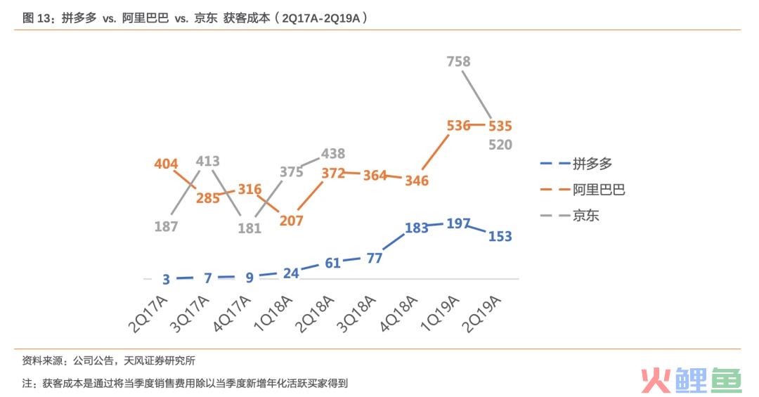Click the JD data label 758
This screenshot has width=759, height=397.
tap(458, 62)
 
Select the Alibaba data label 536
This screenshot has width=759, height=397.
tap(458, 126)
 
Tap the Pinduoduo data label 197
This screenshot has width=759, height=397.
tap(458, 223)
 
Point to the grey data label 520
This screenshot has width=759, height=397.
tap(500, 145)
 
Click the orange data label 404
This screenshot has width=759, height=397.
tap(166, 164)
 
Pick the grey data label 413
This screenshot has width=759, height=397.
tap(208, 161)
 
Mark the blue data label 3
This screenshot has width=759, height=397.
tap(166, 279)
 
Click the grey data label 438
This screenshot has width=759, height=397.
tap(333, 154)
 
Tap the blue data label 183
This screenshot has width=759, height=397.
tap(417, 228)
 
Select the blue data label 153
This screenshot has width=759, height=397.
tap(500, 237)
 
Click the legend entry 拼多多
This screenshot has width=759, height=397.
tap(592, 164)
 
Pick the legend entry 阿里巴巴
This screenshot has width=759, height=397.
tap(599, 189)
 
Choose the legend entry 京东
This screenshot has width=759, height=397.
tap(585, 216)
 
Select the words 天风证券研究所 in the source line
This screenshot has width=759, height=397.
tap(160, 360)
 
